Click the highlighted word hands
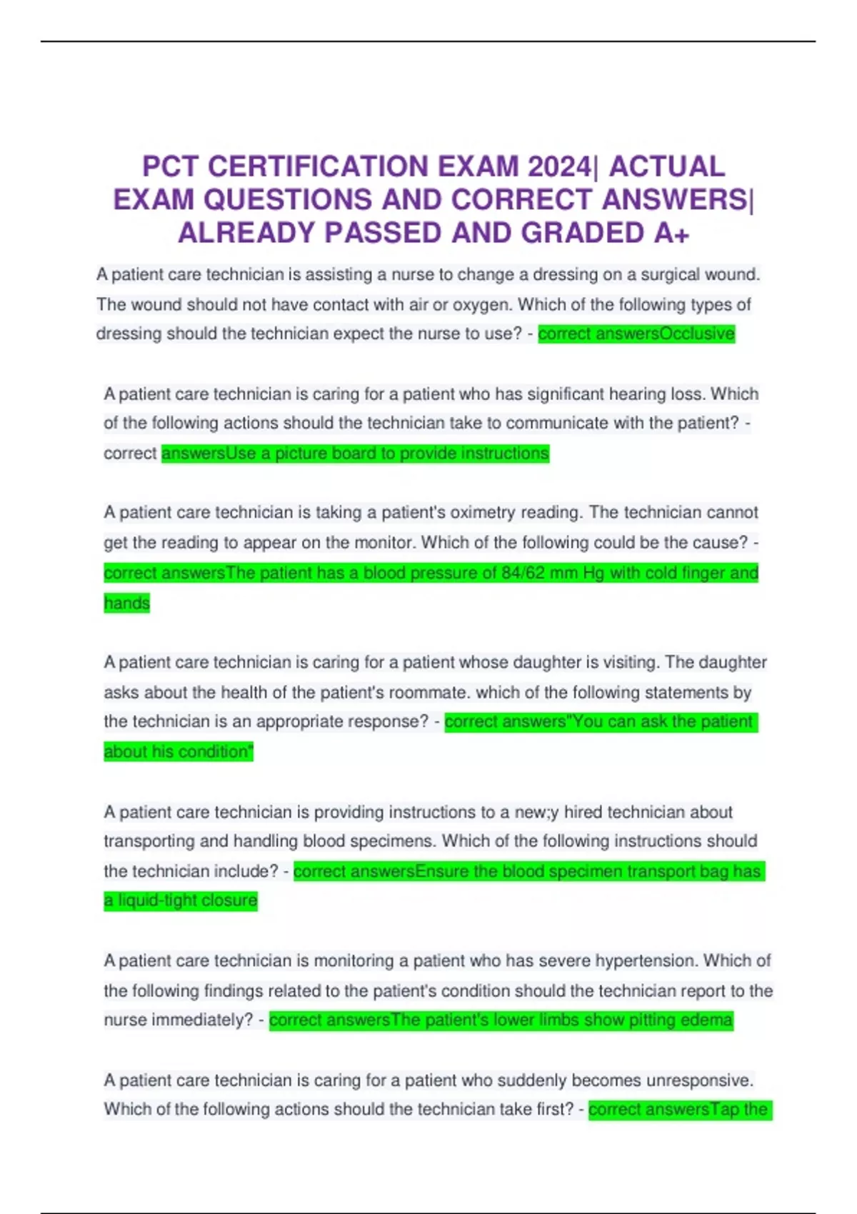[126, 603]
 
